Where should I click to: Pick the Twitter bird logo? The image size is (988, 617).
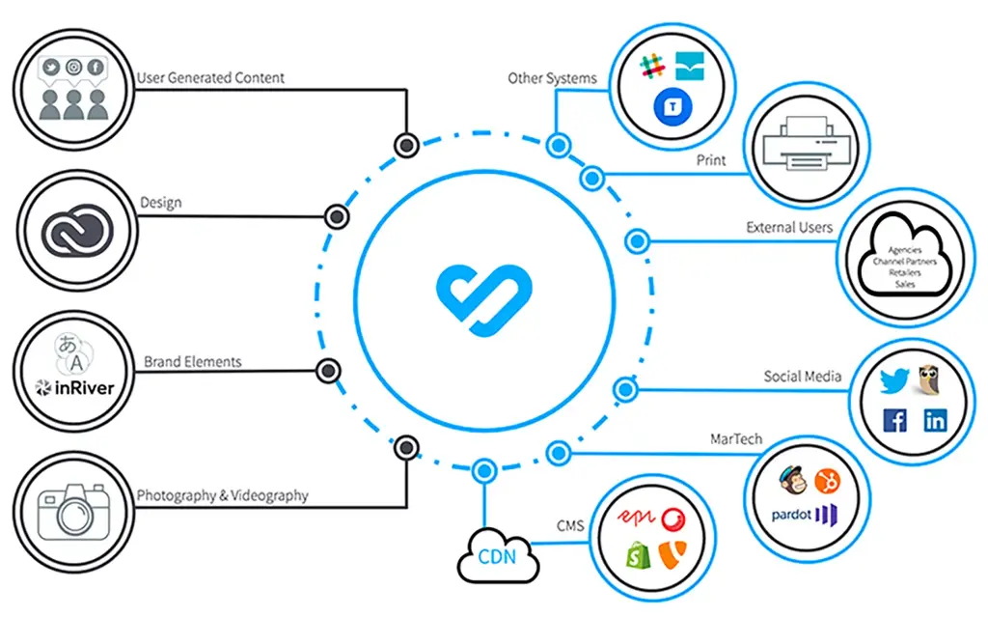point(893,380)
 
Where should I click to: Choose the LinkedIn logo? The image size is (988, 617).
point(935,420)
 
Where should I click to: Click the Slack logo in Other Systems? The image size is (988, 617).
point(653,68)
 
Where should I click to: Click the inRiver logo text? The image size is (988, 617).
point(75,388)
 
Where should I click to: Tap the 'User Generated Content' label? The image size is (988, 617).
point(210,77)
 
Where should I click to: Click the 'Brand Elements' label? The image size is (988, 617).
point(193,362)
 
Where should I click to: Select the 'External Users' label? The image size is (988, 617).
point(788,228)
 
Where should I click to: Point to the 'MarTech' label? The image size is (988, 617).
point(737,439)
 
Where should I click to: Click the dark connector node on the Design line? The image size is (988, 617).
point(336,216)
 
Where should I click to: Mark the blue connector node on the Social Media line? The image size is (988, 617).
point(625,389)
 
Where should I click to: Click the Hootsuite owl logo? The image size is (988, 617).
point(931,379)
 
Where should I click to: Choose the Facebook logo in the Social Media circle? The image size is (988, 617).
point(894,420)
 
